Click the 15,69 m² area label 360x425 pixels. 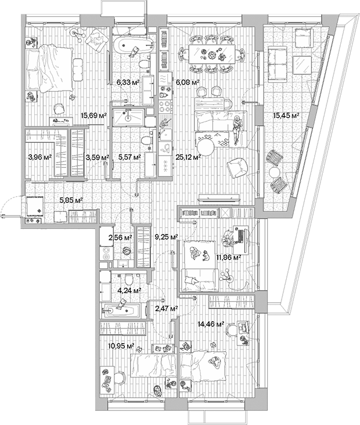point(95,116)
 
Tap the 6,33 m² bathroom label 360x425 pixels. point(128,82)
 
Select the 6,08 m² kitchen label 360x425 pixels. point(188,82)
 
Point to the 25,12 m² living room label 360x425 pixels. point(189,157)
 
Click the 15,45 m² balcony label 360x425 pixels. point(286,116)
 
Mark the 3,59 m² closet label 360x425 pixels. point(96,157)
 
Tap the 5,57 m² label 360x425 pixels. point(129,157)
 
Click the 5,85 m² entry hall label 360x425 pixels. point(71,200)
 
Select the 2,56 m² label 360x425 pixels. point(120,237)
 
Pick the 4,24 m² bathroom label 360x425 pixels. point(129,289)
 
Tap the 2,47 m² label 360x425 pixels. point(165,308)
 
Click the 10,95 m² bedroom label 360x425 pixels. point(121,345)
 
